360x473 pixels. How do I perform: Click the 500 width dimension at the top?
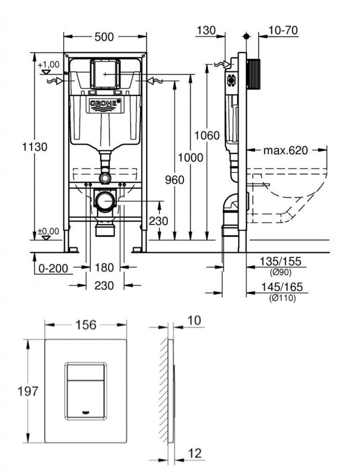(104, 37)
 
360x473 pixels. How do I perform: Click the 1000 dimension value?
(191, 158)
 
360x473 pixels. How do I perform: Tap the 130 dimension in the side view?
(206, 30)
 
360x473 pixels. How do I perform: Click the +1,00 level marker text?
(49, 65)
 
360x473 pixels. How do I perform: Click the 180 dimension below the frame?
(104, 267)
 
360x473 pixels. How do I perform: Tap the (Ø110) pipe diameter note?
(282, 298)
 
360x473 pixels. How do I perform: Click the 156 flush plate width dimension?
(86, 325)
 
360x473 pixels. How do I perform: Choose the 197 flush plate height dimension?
(28, 391)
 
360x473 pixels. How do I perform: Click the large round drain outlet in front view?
(106, 201)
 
